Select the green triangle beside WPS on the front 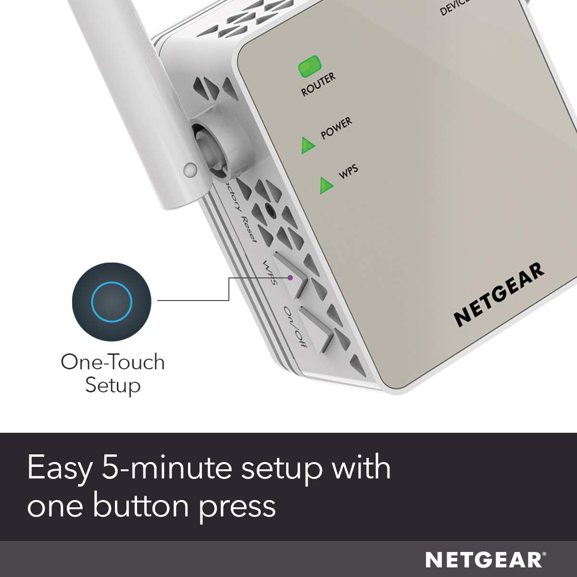326,184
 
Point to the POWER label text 336,128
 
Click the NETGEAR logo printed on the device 499,294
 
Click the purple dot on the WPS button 290,277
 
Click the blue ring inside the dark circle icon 111,302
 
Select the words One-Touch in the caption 113,362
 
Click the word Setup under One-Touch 113,385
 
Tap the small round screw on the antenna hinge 190,169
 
